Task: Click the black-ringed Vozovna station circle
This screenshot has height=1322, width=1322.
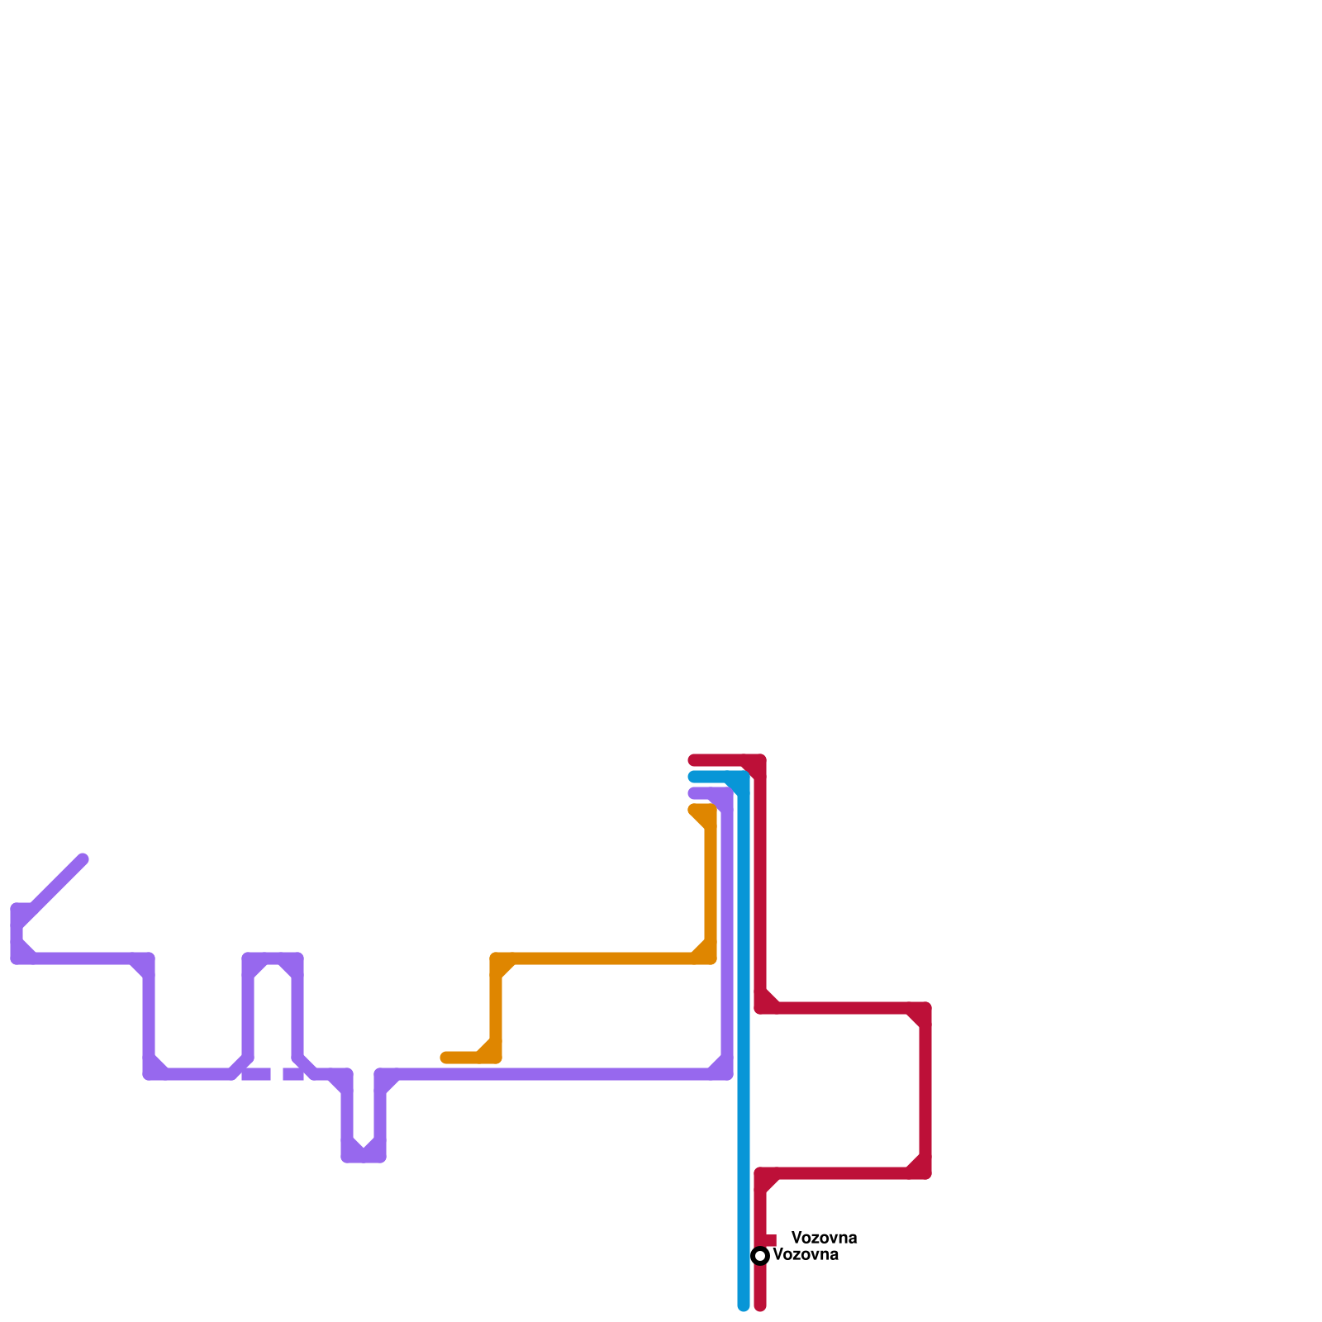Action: tap(760, 1256)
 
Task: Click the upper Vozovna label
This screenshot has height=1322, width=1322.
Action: tap(824, 1238)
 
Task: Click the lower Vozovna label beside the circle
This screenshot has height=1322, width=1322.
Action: tap(806, 1255)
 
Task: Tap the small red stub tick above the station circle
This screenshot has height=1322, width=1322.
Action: tap(770, 1239)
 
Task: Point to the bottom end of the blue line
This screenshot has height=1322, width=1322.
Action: tap(744, 1305)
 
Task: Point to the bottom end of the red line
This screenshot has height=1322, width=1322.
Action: tap(760, 1305)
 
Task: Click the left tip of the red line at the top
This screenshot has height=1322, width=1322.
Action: tap(694, 760)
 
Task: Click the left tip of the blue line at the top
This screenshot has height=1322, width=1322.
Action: tap(694, 777)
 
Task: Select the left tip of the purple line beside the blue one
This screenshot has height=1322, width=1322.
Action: tap(694, 793)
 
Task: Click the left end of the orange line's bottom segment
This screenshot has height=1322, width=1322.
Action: tap(446, 1058)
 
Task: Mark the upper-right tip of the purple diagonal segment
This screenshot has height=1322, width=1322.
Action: tap(83, 859)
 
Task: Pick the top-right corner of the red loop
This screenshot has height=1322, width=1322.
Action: tap(925, 1008)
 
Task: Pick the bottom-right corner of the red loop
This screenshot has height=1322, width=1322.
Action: tap(925, 1173)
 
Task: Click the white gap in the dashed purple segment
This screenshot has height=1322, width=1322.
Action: tap(277, 1074)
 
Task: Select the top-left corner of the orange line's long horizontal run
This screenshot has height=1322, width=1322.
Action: tap(496, 958)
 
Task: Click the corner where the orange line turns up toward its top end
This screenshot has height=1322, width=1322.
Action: tap(711, 958)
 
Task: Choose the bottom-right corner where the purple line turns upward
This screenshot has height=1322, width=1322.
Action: tap(727, 1074)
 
